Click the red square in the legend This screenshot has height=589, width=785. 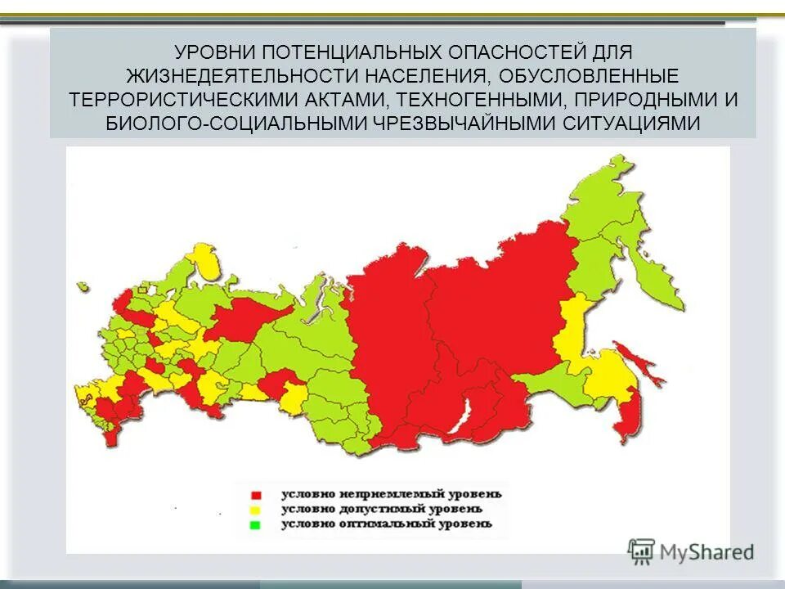[x=256, y=495]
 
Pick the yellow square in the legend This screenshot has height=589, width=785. [x=256, y=510]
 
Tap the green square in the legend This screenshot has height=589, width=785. [x=256, y=524]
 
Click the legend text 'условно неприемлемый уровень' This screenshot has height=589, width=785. [x=391, y=494]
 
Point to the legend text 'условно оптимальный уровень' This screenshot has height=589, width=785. [x=387, y=524]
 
